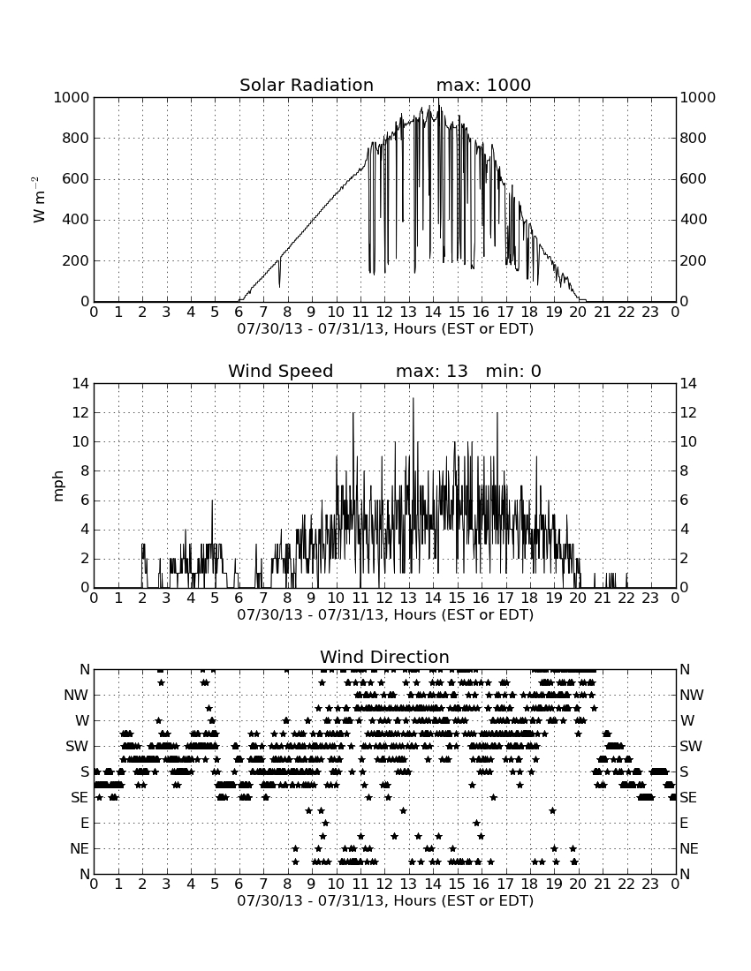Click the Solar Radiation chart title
[x=306, y=85]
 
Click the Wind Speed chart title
[x=280, y=371]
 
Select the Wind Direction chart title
[x=384, y=657]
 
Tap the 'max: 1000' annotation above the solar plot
[x=483, y=85]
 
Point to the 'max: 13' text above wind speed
[x=431, y=371]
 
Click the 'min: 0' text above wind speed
[x=513, y=371]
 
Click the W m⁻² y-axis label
[x=38, y=199]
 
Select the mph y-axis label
[x=58, y=485]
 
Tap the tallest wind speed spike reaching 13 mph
[x=413, y=398]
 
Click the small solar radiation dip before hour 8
[x=279, y=275]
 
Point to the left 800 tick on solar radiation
[x=76, y=138]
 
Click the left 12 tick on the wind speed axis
[x=80, y=412]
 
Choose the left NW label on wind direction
[x=76, y=696]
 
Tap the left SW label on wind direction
[x=77, y=746]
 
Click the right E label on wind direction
[x=684, y=823]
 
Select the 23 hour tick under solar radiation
[x=650, y=312]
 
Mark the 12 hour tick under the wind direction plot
[x=384, y=884]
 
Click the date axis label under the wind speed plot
[x=385, y=615]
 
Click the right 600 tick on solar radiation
[x=694, y=179]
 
